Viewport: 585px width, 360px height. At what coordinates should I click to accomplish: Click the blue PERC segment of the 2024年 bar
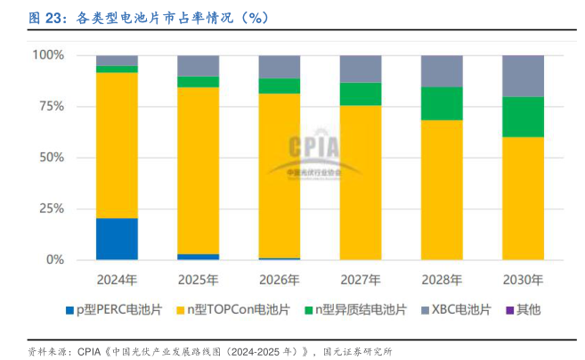click(x=117, y=238)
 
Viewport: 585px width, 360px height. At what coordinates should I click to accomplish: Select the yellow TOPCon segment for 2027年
click(x=361, y=182)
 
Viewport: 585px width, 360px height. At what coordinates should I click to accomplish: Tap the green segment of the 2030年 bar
click(x=524, y=116)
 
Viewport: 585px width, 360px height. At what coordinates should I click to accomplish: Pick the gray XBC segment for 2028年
click(x=442, y=70)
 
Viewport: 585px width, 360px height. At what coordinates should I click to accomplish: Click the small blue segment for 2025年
click(x=198, y=257)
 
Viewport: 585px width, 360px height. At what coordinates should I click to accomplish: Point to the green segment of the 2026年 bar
click(x=280, y=86)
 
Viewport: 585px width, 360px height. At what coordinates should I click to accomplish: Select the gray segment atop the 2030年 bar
click(x=524, y=76)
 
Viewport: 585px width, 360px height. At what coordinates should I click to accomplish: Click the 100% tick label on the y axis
click(x=48, y=55)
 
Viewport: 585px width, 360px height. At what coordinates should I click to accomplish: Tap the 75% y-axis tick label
click(x=52, y=106)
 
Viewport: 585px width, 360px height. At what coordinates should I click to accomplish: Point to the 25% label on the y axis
click(x=52, y=209)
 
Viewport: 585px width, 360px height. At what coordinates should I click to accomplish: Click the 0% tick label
click(x=54, y=259)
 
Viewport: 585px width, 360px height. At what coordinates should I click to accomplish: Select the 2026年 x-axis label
click(x=280, y=279)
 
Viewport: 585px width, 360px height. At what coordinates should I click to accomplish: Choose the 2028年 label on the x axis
click(x=442, y=279)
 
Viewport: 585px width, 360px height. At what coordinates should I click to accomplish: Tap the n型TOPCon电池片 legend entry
click(x=232, y=310)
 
